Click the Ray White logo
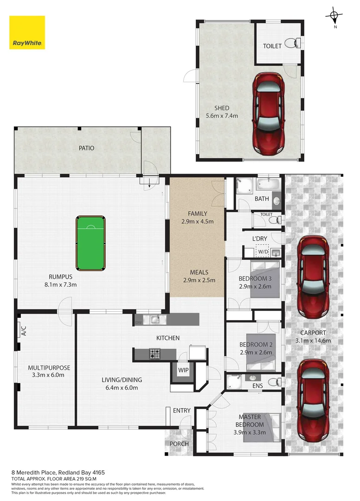pyautogui.click(x=27, y=32)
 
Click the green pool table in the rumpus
pyautogui.click(x=91, y=243)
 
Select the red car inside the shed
pyautogui.click(x=269, y=116)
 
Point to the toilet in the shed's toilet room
pyautogui.click(x=290, y=43)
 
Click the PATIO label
pyautogui.click(x=86, y=148)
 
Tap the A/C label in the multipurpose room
pyautogui.click(x=23, y=330)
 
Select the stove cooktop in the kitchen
pyautogui.click(x=155, y=354)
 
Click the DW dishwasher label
pyautogui.click(x=139, y=322)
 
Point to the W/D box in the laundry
pyautogui.click(x=263, y=252)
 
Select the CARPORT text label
pyautogui.click(x=313, y=333)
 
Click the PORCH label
pyautogui.click(x=179, y=444)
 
